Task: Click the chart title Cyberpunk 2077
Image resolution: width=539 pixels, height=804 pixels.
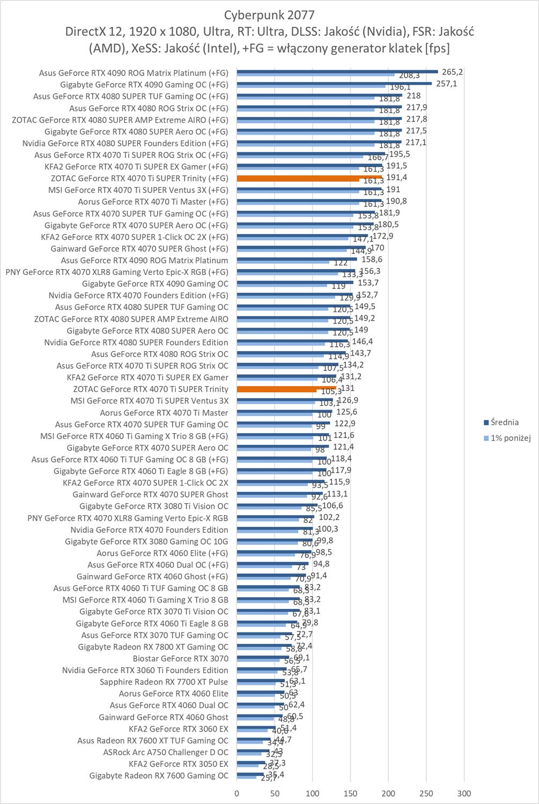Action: click(x=269, y=14)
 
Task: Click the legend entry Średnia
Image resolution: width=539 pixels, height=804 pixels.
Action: click(x=504, y=422)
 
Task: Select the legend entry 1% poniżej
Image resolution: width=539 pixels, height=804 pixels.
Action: click(x=510, y=438)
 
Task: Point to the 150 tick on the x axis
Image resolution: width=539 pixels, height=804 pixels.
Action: click(x=351, y=793)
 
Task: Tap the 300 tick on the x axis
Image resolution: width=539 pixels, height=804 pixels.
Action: click(x=464, y=793)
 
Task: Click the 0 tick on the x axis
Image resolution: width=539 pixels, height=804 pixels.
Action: click(x=237, y=793)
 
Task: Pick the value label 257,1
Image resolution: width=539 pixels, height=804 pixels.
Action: click(x=446, y=84)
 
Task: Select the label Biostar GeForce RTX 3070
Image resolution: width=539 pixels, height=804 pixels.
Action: click(x=180, y=658)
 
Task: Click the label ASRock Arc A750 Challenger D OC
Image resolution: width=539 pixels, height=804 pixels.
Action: click(x=165, y=752)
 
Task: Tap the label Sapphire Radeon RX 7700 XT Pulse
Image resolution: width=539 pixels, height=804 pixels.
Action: click(x=164, y=682)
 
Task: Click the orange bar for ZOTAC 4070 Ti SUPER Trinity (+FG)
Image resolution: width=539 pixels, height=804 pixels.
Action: click(x=309, y=177)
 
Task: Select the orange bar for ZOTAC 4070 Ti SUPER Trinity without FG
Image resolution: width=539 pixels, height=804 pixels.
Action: click(x=286, y=388)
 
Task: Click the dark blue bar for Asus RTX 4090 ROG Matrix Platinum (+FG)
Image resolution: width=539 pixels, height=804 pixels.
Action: click(x=337, y=71)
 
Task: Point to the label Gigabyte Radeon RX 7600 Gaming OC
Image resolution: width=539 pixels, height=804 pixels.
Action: click(x=159, y=776)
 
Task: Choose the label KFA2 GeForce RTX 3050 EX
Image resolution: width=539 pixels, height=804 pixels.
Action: click(x=178, y=764)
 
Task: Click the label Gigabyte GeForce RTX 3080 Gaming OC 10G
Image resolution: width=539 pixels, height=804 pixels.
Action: click(x=146, y=541)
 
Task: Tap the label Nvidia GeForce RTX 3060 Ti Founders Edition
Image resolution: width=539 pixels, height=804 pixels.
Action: click(x=145, y=670)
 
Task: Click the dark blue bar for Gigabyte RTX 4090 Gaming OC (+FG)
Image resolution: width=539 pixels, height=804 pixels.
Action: click(x=334, y=83)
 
